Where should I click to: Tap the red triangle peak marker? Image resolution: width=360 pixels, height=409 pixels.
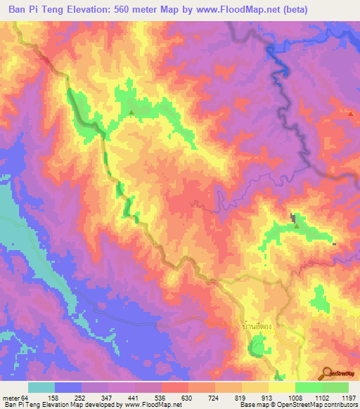351,112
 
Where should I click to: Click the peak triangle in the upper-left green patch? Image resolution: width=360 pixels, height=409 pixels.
131,112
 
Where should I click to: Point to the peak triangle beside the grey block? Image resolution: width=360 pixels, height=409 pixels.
296,226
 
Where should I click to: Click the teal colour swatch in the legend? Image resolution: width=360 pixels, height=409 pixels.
42,387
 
